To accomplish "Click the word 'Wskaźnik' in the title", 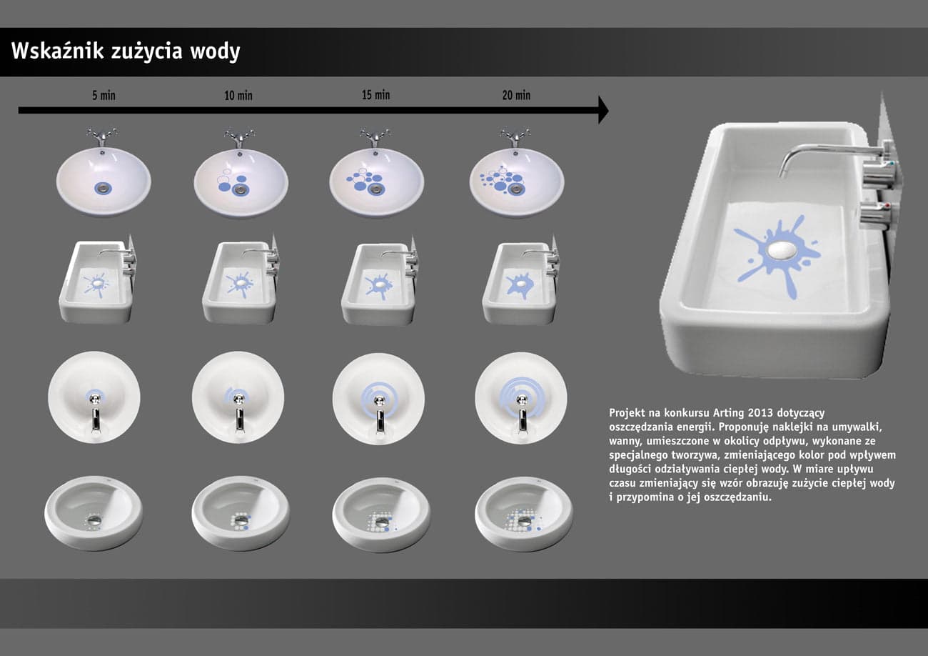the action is click(57, 51).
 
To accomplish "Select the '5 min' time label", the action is click(104, 95).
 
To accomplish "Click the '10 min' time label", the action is click(238, 95).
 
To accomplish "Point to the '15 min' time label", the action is click(375, 95).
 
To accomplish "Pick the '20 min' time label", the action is click(516, 95).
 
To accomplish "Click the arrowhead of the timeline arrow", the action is click(603, 110).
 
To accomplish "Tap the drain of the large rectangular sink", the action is click(782, 250).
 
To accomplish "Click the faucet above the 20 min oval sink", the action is click(515, 136).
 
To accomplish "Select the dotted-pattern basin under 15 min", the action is click(380, 515).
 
